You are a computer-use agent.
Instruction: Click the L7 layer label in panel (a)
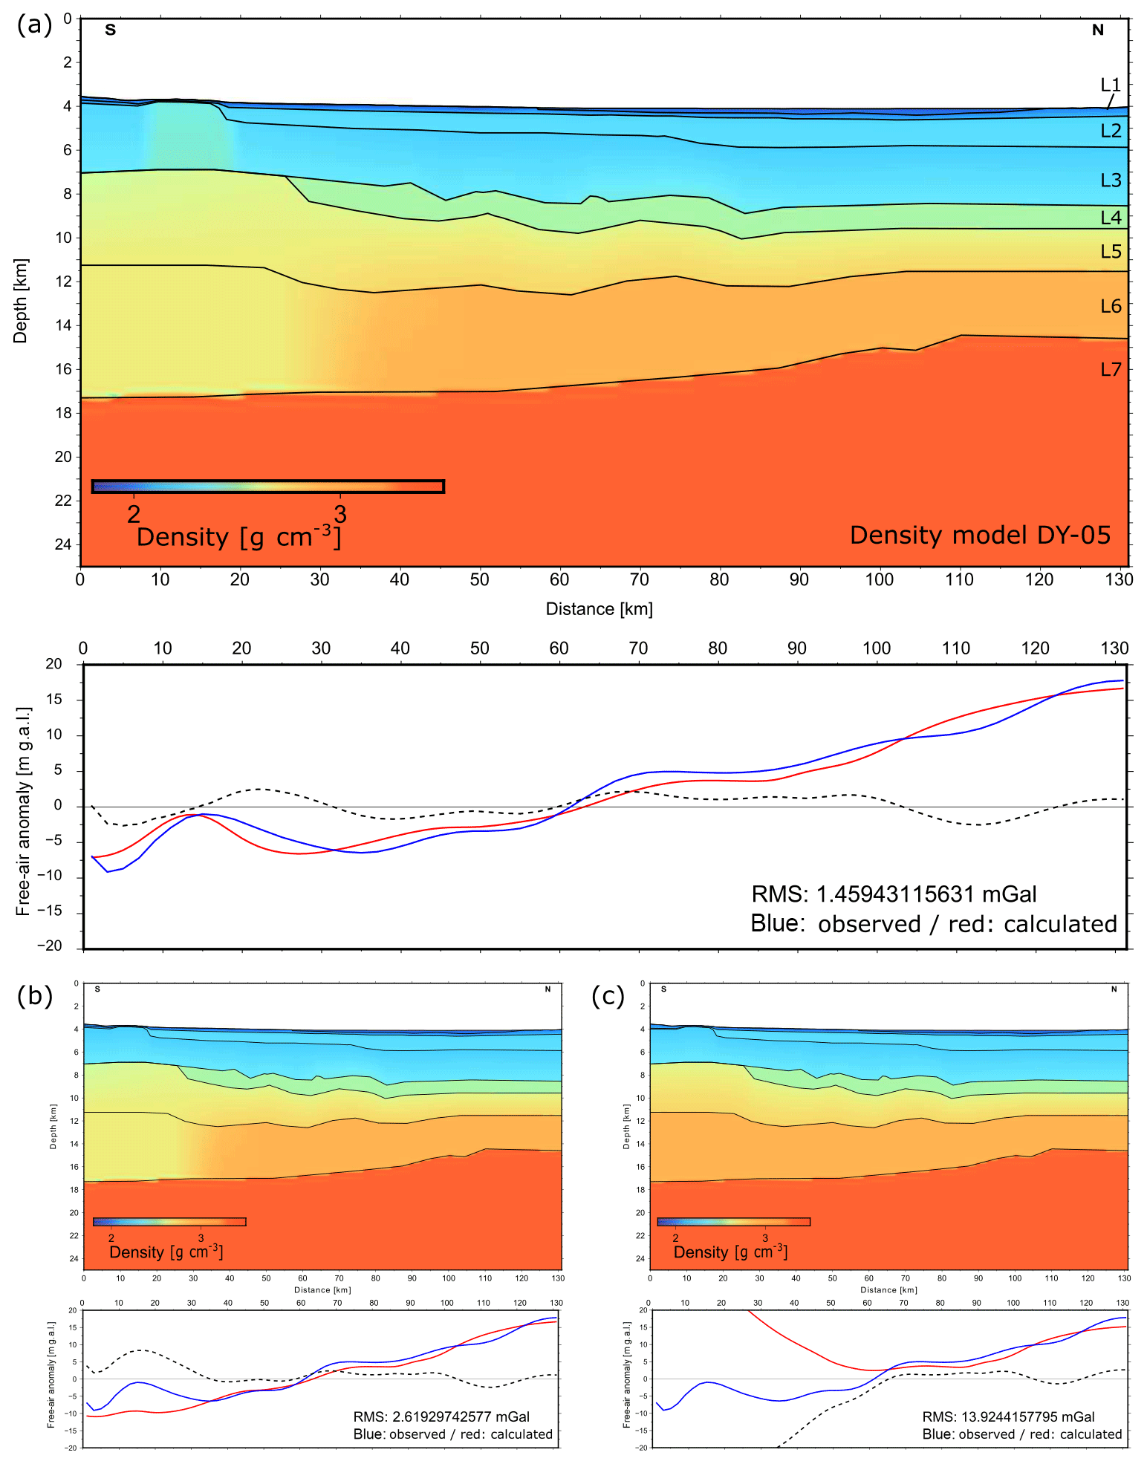click(1110, 369)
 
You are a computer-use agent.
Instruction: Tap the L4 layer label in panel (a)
click(1110, 218)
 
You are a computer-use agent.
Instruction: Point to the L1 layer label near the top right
click(1110, 85)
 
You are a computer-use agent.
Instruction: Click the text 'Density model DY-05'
click(979, 535)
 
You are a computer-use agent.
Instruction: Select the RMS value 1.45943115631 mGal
click(894, 894)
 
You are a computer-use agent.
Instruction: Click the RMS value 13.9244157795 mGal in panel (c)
click(1008, 1416)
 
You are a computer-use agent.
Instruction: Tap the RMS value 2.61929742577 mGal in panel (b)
click(441, 1416)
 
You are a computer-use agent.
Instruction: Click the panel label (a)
click(34, 25)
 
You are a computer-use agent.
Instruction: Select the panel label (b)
click(34, 996)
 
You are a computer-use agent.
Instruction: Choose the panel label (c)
click(608, 996)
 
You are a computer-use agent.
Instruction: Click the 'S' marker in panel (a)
click(110, 30)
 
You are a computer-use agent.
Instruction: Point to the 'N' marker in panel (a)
click(1097, 30)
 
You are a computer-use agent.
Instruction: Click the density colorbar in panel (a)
click(267, 487)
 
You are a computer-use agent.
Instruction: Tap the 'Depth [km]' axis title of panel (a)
click(20, 300)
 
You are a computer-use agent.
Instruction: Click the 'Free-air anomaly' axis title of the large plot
click(23, 810)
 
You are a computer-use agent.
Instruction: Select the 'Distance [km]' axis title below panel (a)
click(599, 609)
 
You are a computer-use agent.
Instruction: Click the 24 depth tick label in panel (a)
click(63, 544)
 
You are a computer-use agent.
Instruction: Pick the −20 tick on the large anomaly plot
click(51, 946)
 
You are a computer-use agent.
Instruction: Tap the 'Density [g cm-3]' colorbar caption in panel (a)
click(238, 537)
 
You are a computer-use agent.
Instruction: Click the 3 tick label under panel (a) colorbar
click(340, 513)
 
